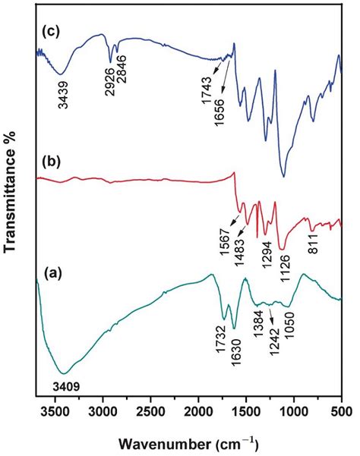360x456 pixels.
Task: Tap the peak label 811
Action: click(311, 244)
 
